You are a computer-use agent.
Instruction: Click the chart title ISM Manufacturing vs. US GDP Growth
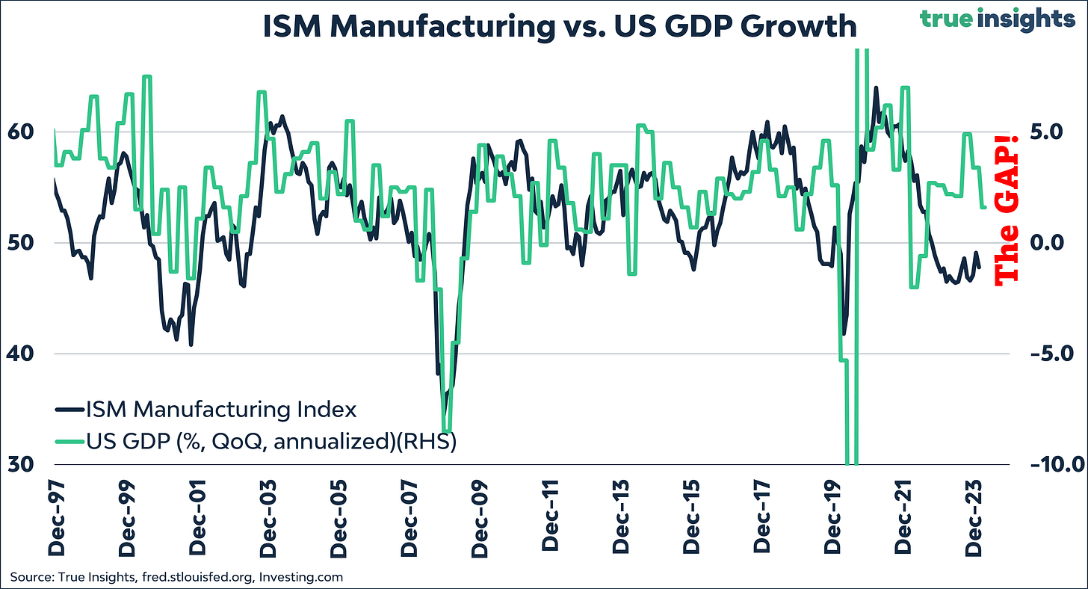(x=559, y=27)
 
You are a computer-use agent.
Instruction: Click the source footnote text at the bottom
(x=176, y=577)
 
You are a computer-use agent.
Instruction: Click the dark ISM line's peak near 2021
(x=875, y=88)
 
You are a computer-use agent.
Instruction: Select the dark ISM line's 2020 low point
(x=844, y=334)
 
